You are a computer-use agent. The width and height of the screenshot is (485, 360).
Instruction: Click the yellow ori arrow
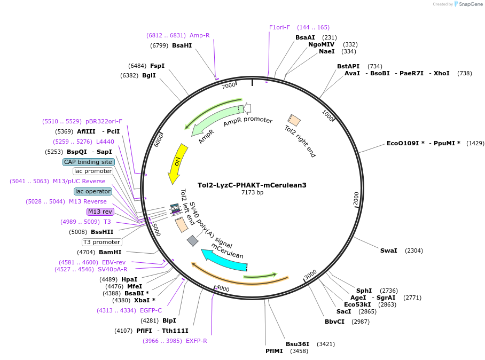tap(177, 163)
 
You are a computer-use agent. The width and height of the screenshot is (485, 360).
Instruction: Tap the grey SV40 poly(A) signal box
tap(192, 240)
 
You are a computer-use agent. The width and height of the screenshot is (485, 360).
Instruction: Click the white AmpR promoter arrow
tap(247, 108)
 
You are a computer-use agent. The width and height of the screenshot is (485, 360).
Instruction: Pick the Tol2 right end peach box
tap(294, 120)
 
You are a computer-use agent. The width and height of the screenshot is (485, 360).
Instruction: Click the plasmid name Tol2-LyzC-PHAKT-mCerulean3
tap(252, 185)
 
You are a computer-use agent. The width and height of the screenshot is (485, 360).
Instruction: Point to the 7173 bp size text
tap(252, 192)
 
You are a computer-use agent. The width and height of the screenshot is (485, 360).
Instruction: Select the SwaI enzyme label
tap(388, 251)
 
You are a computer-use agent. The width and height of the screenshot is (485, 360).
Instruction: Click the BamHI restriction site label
tap(110, 252)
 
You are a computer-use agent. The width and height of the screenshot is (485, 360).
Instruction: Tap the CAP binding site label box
tap(89, 162)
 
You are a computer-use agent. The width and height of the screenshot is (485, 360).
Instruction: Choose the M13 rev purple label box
tap(100, 212)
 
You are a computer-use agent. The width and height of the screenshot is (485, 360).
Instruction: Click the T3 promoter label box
tap(102, 242)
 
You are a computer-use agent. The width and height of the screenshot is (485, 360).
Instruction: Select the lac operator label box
tap(93, 191)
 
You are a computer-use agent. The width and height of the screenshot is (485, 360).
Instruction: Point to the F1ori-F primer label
tap(279, 27)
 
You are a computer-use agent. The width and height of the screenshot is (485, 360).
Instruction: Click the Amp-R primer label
tap(200, 35)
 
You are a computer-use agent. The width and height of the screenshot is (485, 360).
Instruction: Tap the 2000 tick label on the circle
tap(356, 198)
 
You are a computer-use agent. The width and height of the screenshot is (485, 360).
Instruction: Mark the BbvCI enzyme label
tap(334, 322)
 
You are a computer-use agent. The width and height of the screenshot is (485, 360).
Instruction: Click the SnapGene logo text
tap(471, 4)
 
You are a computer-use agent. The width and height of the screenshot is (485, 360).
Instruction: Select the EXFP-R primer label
tap(197, 341)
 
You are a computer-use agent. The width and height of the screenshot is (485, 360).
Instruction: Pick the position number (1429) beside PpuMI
tap(475, 143)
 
